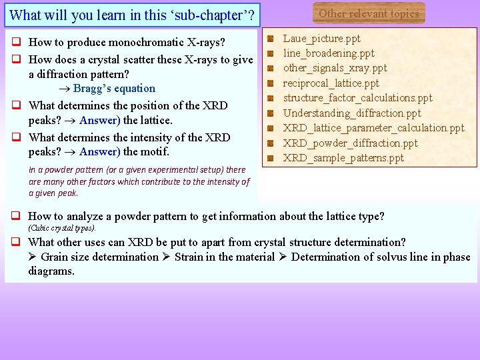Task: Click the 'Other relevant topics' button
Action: pos(369,13)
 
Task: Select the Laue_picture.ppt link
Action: pos(321,39)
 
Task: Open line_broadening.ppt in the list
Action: pos(329,53)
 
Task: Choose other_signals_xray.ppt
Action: pos(335,68)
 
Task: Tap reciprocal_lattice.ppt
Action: pos(331,83)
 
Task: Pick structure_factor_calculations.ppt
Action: pos(357,97)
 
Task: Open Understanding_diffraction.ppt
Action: pos(352,113)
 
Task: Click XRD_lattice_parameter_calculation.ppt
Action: pos(373,127)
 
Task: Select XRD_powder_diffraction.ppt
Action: pos(350,143)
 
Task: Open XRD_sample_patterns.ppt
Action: pos(343,158)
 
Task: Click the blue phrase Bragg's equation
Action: pos(114,89)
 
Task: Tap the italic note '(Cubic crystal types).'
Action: pos(62,228)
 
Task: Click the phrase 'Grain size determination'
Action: pos(99,257)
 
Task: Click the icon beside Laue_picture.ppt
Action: pos(271,39)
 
